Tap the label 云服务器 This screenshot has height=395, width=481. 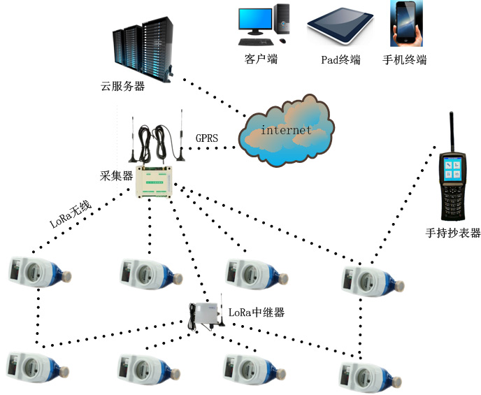point(122,87)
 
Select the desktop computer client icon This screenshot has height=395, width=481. point(264,22)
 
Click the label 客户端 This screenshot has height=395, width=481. point(261,59)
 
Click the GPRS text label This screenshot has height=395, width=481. point(207,138)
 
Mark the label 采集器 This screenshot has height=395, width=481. point(117,176)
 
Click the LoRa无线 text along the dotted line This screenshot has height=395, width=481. point(71,215)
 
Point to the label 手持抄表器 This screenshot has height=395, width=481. point(452,233)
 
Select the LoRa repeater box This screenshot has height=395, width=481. point(207,315)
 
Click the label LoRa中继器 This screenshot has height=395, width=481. point(257,313)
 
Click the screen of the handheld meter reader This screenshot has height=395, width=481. point(451,171)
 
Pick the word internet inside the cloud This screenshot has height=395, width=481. point(286,131)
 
